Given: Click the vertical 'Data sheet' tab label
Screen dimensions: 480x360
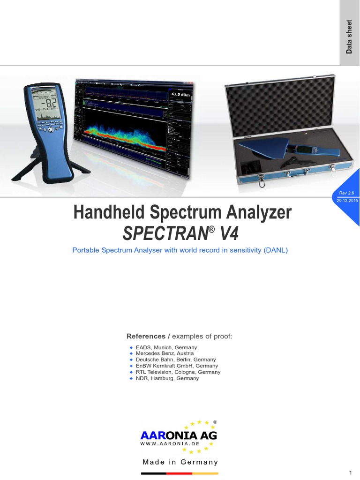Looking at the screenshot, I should click(349, 37).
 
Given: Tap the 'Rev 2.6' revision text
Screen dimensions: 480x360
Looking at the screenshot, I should click(346, 193).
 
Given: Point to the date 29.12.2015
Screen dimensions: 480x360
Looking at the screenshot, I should click(347, 200).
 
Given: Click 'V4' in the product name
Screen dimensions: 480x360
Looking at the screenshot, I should click(227, 233).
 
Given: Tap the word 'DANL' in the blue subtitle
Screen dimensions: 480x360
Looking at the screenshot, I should click(274, 250).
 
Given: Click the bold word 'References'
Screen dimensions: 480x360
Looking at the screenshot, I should click(146, 337).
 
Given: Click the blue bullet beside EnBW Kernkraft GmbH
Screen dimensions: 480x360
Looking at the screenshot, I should click(131, 366).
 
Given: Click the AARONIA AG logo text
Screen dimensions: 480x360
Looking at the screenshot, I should click(179, 435).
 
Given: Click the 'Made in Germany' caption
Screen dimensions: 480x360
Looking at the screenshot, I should click(180, 462).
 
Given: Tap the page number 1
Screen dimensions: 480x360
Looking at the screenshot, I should click(351, 472).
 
